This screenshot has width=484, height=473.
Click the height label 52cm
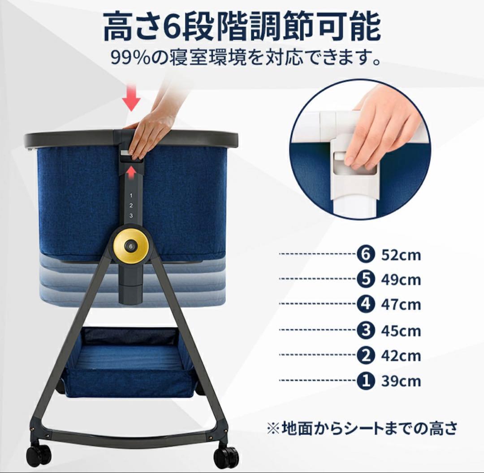(401, 255)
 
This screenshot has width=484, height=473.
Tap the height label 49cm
(401, 280)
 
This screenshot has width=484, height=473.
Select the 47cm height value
(401, 305)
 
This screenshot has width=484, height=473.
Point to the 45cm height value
(401, 331)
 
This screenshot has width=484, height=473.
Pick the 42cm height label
(401, 356)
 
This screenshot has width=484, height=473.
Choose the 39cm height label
(401, 381)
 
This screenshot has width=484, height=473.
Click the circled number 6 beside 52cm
(366, 255)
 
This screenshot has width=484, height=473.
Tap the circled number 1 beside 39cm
(366, 381)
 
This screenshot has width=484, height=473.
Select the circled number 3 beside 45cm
(366, 331)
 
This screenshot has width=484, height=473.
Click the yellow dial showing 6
(131, 246)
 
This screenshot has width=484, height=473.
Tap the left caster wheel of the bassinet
(39, 455)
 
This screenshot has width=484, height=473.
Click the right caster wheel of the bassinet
(225, 457)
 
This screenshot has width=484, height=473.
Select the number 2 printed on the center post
(131, 206)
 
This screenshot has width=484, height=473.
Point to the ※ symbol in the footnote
(273, 429)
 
